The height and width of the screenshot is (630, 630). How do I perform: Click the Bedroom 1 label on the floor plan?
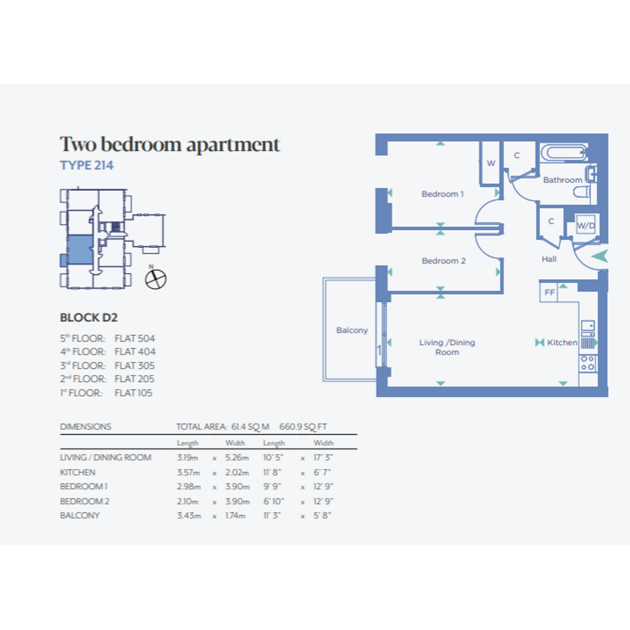click(443, 194)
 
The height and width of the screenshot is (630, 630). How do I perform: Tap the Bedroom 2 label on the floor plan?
click(443, 261)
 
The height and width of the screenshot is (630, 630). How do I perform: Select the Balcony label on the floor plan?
click(352, 330)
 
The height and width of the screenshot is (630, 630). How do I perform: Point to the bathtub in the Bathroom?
click(563, 153)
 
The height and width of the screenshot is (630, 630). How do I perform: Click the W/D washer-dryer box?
click(586, 225)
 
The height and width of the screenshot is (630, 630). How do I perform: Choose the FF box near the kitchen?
click(549, 292)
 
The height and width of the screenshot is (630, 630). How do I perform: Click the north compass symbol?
click(155, 279)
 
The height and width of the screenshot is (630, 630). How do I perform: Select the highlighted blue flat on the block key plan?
click(81, 250)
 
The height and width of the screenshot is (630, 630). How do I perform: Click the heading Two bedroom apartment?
click(169, 145)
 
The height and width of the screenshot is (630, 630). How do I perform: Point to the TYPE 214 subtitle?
click(87, 165)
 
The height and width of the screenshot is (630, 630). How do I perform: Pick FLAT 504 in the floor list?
click(135, 338)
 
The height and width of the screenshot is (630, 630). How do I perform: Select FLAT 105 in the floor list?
click(133, 393)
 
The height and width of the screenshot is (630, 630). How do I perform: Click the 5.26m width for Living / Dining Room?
click(237, 457)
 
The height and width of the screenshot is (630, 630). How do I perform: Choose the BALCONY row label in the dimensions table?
click(79, 515)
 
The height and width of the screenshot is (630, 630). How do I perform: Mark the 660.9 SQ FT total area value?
click(303, 427)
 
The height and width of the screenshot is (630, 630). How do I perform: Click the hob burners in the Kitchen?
click(587, 363)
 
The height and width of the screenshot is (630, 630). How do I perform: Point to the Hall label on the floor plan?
click(549, 259)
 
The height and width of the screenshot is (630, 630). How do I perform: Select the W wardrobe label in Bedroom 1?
click(491, 163)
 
